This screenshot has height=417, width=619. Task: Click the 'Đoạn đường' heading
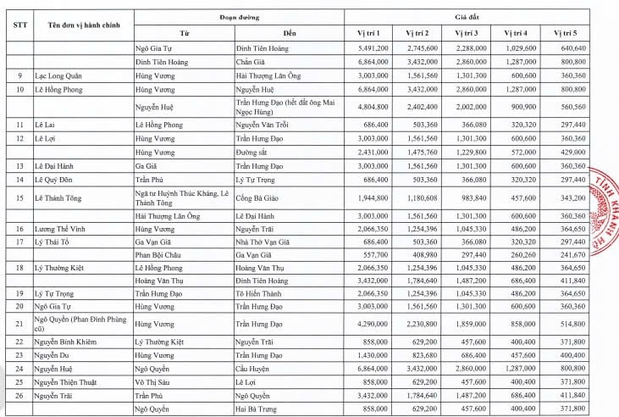click(x=237, y=16)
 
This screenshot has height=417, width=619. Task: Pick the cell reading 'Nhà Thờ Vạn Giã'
click(x=264, y=242)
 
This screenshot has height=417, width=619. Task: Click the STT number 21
click(x=19, y=323)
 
